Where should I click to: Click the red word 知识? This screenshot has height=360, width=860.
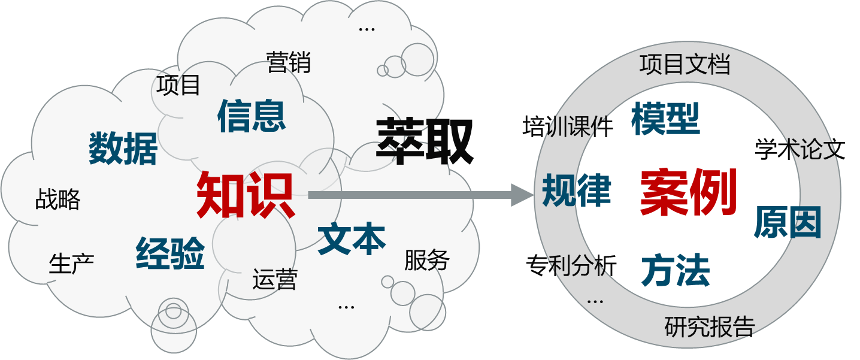(245, 195)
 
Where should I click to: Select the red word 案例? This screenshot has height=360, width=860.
(688, 192)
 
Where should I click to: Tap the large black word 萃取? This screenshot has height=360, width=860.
(425, 141)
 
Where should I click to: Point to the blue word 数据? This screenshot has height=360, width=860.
(123, 148)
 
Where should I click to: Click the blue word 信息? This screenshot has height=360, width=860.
(252, 115)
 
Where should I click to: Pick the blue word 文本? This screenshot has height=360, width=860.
(352, 238)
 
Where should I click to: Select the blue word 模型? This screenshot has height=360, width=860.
(665, 118)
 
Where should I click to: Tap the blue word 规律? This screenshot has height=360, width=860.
(576, 190)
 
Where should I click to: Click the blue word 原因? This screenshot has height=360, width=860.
(787, 222)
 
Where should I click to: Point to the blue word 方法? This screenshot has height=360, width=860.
(676, 271)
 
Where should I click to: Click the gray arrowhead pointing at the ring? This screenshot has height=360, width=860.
(521, 195)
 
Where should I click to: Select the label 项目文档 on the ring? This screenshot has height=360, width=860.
(685, 64)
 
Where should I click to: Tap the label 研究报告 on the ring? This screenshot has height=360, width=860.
(710, 326)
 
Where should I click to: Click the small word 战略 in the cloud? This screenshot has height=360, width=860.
(57, 199)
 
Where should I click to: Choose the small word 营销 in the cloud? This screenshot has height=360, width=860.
(289, 62)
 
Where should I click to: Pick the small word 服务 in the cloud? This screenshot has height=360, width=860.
(427, 260)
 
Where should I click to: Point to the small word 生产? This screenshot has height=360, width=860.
(71, 264)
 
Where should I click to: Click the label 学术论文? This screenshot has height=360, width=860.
(800, 149)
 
